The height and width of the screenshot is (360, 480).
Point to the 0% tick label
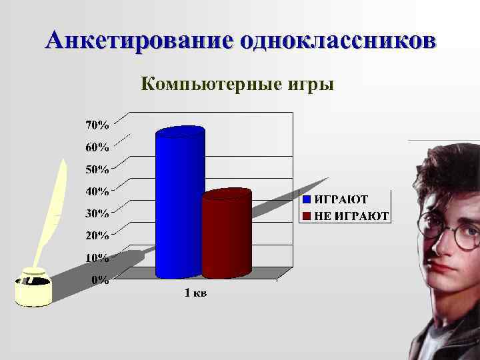(x=100, y=279)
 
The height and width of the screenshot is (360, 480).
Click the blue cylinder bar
(x=179, y=200)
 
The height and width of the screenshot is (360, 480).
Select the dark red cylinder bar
(x=226, y=233)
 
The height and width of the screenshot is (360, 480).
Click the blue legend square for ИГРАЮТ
(x=307, y=199)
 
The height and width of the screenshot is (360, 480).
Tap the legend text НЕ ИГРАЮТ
(x=351, y=216)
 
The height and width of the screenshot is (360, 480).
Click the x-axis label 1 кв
(x=195, y=294)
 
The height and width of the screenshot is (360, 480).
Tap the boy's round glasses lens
(x=467, y=235)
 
